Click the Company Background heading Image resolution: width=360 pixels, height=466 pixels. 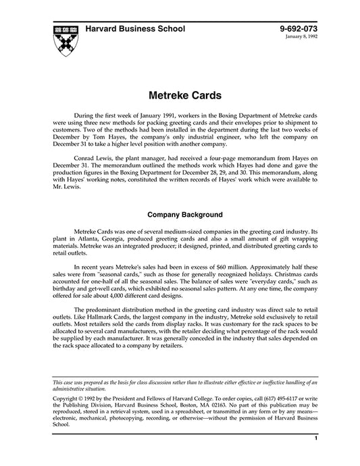pos(180,214)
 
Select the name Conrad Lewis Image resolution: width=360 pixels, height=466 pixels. pos(94,155)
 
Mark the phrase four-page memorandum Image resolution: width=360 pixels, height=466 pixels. pos(233,155)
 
